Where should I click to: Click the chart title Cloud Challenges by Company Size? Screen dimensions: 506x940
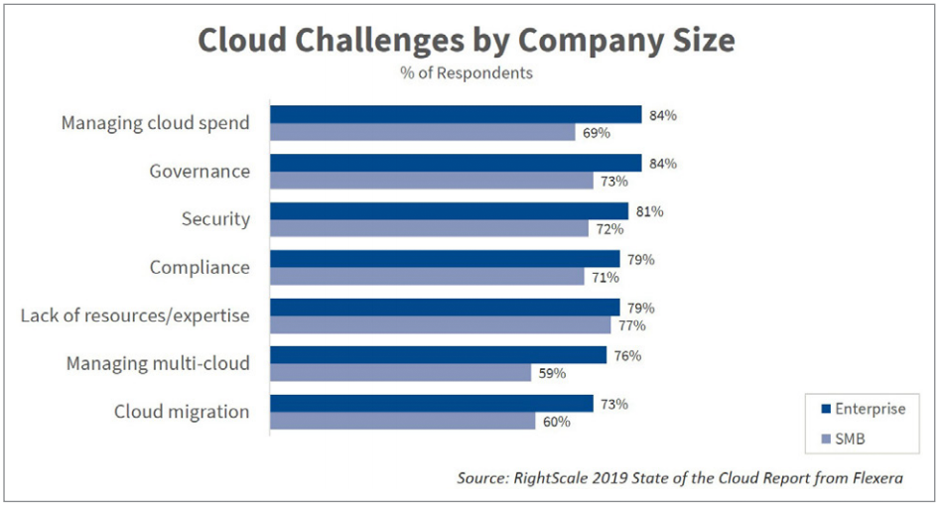click(x=466, y=41)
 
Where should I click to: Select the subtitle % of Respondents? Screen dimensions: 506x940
click(x=466, y=73)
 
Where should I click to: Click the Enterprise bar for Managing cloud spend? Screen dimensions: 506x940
click(x=456, y=115)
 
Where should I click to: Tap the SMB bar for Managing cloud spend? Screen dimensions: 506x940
click(x=423, y=133)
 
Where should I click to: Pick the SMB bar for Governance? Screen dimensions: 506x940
click(x=432, y=181)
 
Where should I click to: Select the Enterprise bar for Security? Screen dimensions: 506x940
click(x=449, y=211)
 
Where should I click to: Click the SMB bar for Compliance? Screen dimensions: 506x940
click(x=427, y=277)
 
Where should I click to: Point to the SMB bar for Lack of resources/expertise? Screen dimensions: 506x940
click(x=441, y=325)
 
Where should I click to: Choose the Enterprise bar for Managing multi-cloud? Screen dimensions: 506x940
click(x=438, y=355)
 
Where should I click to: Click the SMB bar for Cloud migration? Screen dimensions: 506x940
click(x=403, y=422)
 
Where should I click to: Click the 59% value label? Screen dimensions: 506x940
click(x=553, y=374)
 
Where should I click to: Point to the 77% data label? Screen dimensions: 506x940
click(x=632, y=325)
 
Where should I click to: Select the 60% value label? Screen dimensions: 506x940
click(x=557, y=422)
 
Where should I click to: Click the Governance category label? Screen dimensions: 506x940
click(x=200, y=172)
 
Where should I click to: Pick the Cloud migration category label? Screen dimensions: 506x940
click(x=182, y=412)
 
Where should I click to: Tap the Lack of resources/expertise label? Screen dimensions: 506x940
click(x=135, y=316)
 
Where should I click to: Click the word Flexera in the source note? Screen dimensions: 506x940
click(x=873, y=478)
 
